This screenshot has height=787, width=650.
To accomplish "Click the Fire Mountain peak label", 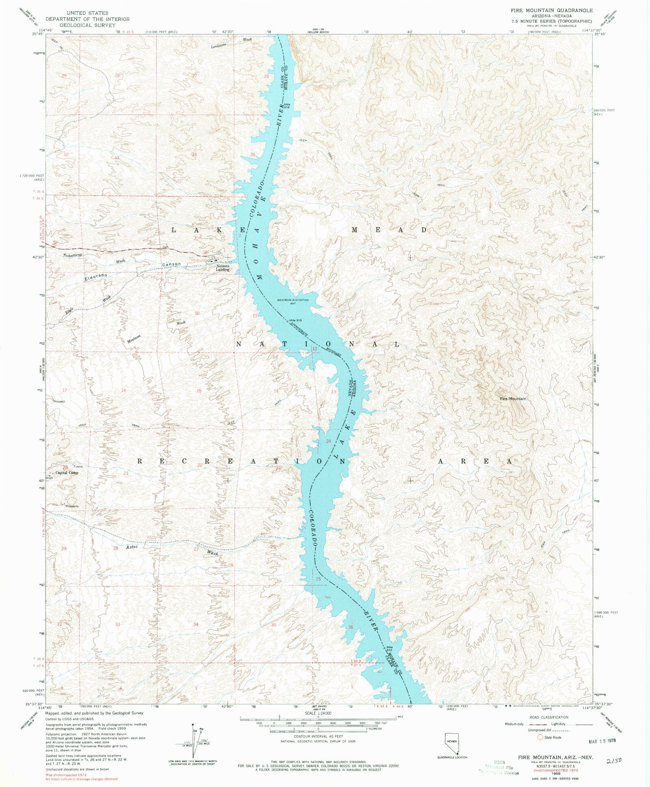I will (513, 399).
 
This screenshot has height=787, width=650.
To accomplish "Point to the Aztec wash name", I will (132, 547).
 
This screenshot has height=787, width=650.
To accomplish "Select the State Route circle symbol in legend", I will (540, 737).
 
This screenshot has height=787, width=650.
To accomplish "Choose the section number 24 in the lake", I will (328, 441).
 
